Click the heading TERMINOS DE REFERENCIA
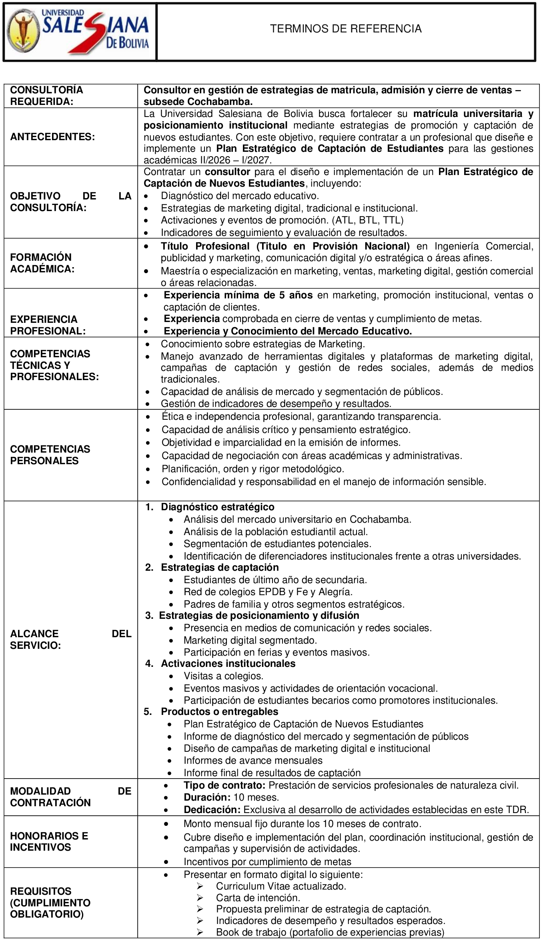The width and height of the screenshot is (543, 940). (346, 29)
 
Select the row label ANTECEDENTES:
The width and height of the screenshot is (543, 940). (52, 137)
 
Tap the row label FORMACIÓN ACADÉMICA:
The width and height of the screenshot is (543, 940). (42, 263)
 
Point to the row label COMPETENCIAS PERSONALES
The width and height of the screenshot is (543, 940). (50, 455)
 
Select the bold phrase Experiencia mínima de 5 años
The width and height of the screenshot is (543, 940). (238, 295)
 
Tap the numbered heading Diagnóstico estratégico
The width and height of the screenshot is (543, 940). (217, 507)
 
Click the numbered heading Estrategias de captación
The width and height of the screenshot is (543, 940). (220, 567)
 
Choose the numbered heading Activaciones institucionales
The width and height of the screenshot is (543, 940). (228, 663)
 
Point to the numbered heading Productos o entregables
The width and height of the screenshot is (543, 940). (219, 711)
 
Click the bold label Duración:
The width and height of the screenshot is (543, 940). (207, 797)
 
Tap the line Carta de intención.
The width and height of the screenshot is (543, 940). (258, 898)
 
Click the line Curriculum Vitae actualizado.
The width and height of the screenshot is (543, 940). (281, 886)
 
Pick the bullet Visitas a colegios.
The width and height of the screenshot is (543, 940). (223, 676)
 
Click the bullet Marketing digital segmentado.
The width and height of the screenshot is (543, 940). (250, 640)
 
